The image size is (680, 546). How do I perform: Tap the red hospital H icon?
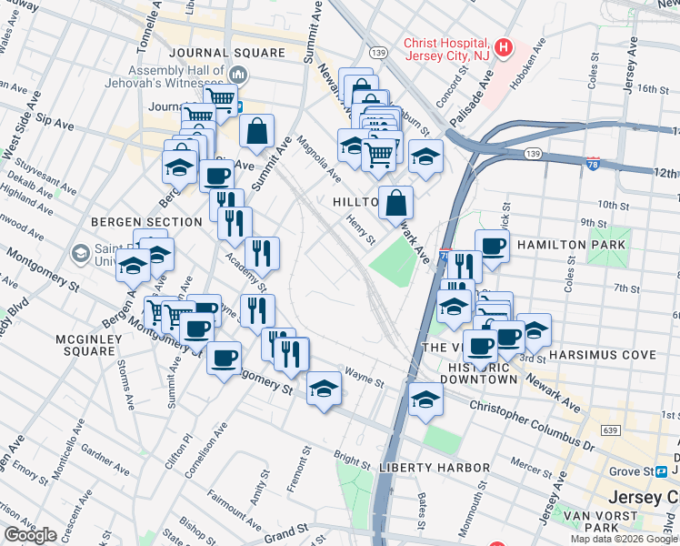coord(504,46)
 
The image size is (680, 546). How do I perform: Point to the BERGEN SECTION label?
coord(146,222)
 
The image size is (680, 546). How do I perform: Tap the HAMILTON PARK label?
coord(571,246)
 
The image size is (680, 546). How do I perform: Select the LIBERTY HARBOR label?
coord(435,468)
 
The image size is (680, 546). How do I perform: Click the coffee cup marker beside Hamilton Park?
coord(492,247)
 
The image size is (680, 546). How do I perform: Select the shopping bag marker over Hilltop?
coord(395,203)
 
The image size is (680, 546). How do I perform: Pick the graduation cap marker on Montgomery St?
coord(324,389)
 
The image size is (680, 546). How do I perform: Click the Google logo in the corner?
coord(30,534)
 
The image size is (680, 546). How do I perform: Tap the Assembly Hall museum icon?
coord(239,74)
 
